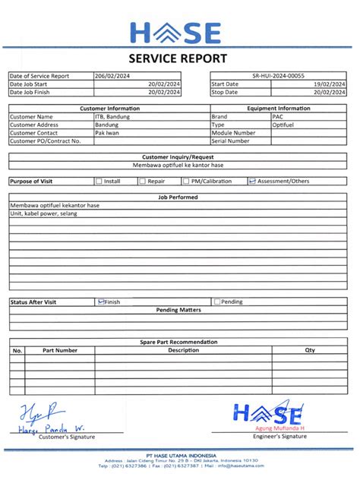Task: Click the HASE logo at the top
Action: (176, 33)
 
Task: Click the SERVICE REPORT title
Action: (178, 58)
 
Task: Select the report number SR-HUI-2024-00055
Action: (278, 76)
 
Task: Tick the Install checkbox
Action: (99, 182)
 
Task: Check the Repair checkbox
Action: (142, 182)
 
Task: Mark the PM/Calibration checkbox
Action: (185, 182)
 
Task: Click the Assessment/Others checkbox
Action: (252, 182)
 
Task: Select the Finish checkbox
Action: (101, 302)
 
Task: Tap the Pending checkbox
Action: (217, 302)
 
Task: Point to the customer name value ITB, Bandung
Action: (112, 117)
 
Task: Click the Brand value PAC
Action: (278, 117)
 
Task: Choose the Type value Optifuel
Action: (283, 125)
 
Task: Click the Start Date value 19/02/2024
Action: (330, 84)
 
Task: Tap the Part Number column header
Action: (60, 350)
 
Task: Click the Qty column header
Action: (309, 350)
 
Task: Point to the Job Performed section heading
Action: (178, 197)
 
